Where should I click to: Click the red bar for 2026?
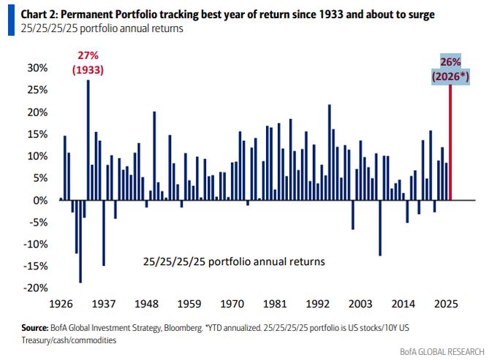tap(449, 142)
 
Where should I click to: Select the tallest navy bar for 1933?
tap(88, 139)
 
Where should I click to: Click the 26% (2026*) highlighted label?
tap(449, 69)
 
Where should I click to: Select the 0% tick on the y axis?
tap(40, 200)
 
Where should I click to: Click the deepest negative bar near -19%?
tap(80, 241)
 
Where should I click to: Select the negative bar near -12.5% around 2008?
tap(380, 228)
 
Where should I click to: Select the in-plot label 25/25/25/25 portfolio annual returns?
tap(233, 261)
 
